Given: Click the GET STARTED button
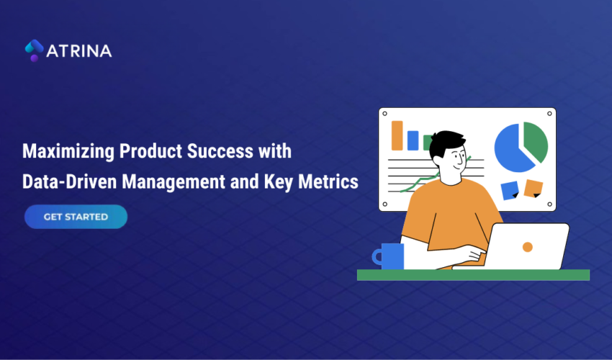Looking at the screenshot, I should coord(76,217).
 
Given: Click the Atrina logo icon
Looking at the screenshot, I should coord(34,50).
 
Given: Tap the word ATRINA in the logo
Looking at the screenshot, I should coord(79,51).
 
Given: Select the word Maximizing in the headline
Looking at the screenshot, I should coord(68,152).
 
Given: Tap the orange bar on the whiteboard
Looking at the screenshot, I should coord(397,135).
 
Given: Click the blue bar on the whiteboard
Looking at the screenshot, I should coord(413,140).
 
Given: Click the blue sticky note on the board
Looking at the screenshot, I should coord(510,189).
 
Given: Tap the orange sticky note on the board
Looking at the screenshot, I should coord(533,188).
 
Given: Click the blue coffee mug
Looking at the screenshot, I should coord(391,256).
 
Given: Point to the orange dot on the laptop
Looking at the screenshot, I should coord(527,247).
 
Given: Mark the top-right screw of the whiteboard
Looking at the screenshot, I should coord(551,113).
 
